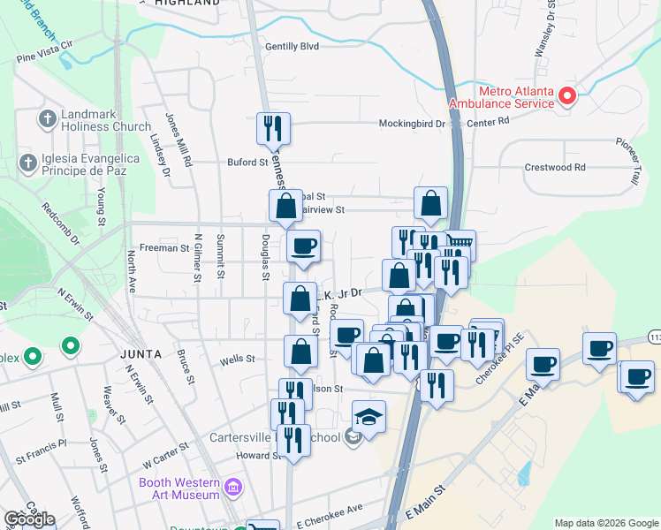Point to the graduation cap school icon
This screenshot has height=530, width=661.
coord(368,417)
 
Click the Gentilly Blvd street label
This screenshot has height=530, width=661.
coord(292,47)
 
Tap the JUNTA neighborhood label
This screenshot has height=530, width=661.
coord(141,354)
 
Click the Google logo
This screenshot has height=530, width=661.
coord(29,519)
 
